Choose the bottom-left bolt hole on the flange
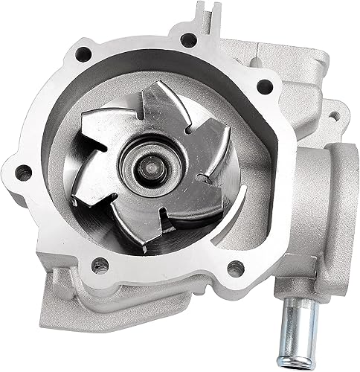(x=97, y=263)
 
